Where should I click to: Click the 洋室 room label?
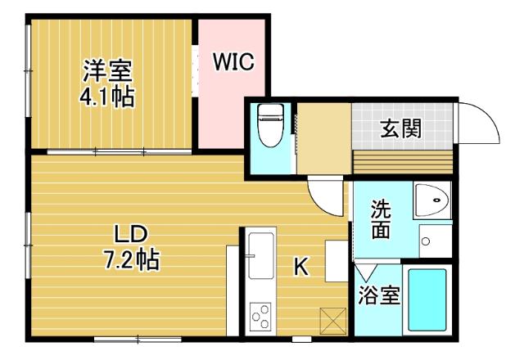coord(107,72)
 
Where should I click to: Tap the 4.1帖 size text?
coord(107,97)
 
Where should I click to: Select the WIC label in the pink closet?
coord(233,62)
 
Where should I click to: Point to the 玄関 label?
coord(401,128)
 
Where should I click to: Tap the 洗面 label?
coord(380,218)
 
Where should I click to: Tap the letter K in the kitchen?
coord(300,266)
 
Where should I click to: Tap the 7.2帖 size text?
coord(129,260)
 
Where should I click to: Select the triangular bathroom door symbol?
coord(366,269)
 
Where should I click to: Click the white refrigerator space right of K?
coord(337,259)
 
